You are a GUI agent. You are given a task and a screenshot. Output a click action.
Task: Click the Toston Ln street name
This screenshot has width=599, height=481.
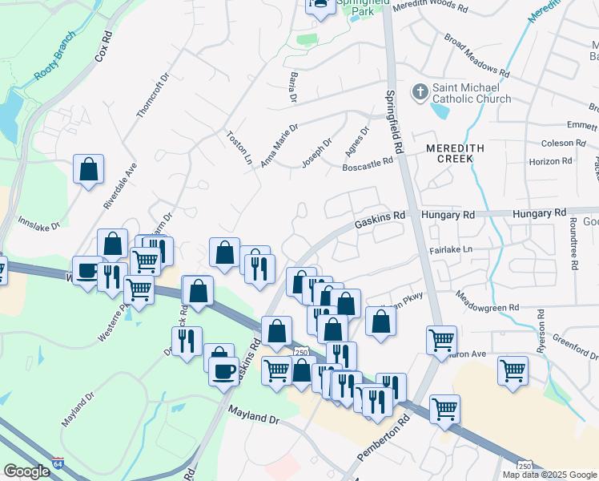(x=239, y=148)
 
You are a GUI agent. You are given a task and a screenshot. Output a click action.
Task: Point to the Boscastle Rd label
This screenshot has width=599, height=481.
(x=368, y=161)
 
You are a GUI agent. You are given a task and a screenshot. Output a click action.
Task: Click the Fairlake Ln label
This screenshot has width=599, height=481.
(x=451, y=249)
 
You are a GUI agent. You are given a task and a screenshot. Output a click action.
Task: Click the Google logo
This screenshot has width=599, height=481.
(x=26, y=471)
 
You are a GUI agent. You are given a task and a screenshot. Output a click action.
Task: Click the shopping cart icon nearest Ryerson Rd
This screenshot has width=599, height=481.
(x=513, y=371)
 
